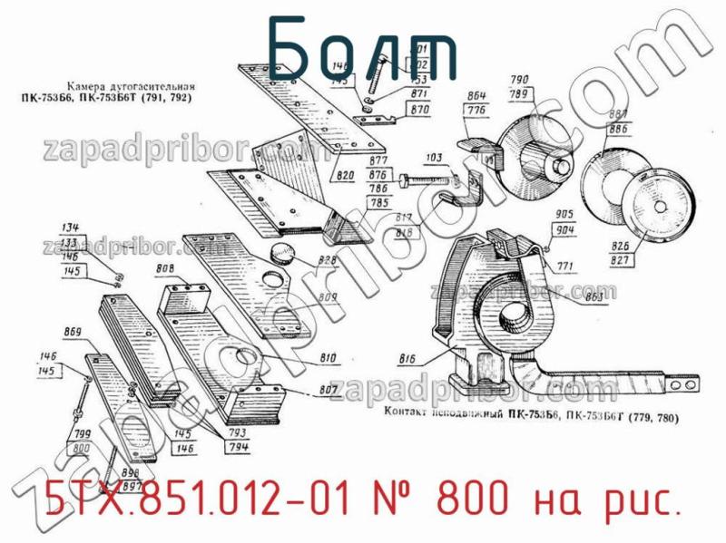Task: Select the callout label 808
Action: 165,268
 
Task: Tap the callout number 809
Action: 328,297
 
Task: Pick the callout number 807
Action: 329,391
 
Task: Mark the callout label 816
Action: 407,359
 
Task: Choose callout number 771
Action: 565,267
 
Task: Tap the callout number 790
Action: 521,80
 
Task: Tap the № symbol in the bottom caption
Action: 391,499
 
